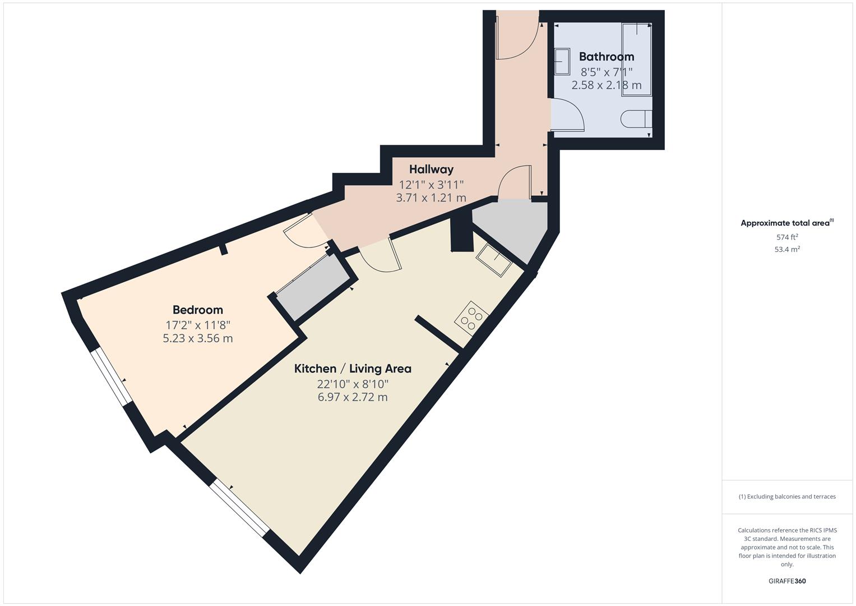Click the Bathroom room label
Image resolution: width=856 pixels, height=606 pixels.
(x=607, y=57)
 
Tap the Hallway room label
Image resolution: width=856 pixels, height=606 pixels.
(x=431, y=169)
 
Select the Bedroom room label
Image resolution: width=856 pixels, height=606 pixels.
(x=197, y=310)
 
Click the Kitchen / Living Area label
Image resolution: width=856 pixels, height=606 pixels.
(x=353, y=369)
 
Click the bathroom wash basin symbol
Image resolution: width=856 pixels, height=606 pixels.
(x=561, y=61)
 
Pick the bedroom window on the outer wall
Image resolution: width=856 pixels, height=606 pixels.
(x=112, y=377)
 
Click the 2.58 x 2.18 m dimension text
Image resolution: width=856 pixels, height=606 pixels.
(x=607, y=85)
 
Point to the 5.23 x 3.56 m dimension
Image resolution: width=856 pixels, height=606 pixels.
(x=197, y=338)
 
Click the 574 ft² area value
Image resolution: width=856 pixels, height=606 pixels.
(x=787, y=237)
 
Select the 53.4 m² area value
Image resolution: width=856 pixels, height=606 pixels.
(x=787, y=250)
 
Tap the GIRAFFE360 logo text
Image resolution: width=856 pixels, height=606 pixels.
(x=787, y=581)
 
